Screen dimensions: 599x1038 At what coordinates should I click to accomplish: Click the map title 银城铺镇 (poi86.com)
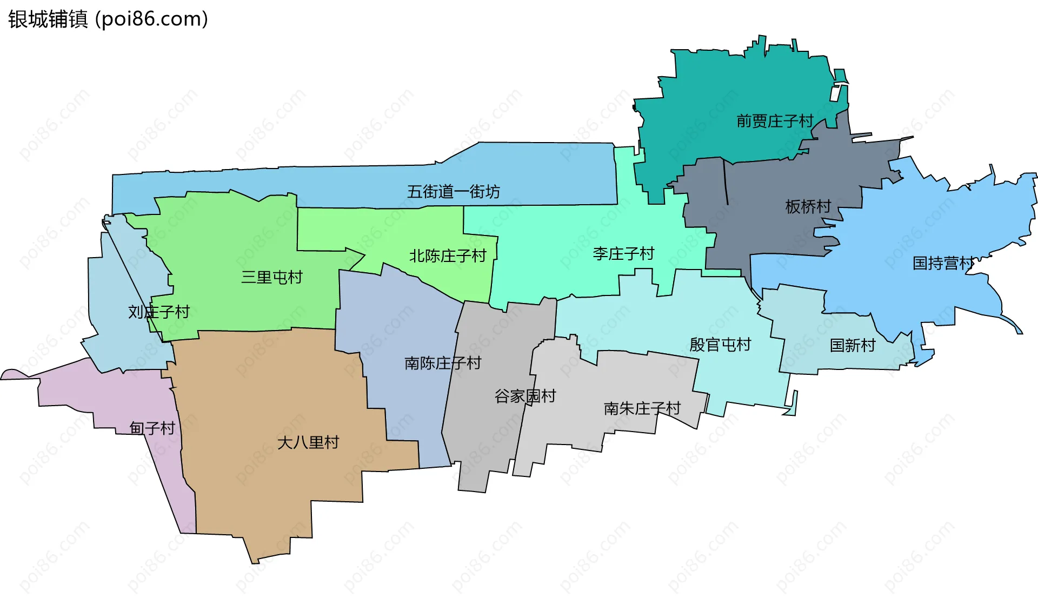coord(108,19)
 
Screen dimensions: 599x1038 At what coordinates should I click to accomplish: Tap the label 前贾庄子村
coord(775,121)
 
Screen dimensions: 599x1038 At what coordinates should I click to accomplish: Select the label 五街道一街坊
coord(453,192)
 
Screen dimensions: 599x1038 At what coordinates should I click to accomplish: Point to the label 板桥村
coord(808,206)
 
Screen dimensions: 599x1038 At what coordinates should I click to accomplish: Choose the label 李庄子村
coord(623,254)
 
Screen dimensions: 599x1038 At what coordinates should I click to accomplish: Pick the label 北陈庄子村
coord(448,256)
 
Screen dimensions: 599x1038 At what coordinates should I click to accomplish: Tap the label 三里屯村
coord(271,278)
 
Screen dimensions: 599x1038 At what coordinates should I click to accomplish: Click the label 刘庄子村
coord(159,312)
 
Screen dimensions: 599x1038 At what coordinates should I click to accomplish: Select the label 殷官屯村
coord(720,345)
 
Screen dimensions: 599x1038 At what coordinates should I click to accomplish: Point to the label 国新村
coord(853,346)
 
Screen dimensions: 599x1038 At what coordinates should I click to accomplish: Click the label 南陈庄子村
coord(443,363)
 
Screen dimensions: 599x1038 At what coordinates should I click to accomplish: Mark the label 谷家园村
coord(525,396)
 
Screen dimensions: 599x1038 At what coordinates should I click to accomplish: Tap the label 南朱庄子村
coord(642,408)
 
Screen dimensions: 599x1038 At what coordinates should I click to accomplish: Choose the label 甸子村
coord(152,428)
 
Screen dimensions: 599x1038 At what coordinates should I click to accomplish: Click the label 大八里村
coord(308,443)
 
